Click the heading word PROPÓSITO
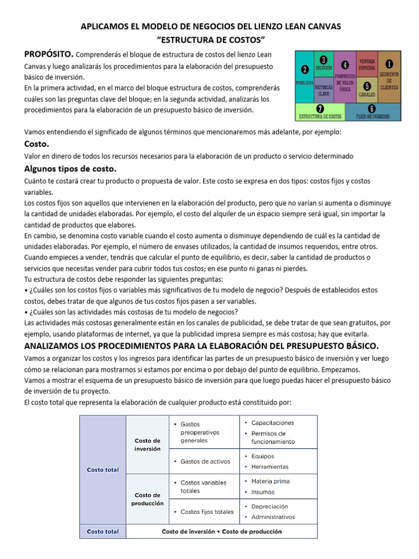49,54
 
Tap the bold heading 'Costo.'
37,144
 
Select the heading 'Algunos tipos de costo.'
70,168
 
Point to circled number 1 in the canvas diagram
389,64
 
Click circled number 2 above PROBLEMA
304,69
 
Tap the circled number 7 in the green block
320,108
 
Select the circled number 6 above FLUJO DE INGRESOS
372,108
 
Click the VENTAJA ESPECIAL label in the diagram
367,64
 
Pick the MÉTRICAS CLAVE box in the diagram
325,90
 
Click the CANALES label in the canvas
367,94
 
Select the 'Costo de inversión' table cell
147,444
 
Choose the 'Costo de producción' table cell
147,499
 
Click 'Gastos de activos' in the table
205,461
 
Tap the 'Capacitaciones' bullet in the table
272,423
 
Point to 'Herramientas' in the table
270,467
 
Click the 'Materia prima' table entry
270,481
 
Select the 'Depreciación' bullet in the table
270,507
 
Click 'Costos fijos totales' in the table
207,512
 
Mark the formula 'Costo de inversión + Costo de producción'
222,531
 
